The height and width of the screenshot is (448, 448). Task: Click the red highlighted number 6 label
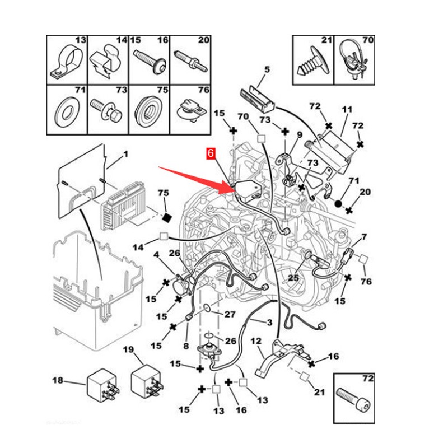211,153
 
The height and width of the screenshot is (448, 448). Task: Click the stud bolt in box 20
189,59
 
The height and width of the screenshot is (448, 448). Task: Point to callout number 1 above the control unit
125,153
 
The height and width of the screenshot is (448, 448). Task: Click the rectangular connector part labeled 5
258,97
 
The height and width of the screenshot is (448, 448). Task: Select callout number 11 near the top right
347,110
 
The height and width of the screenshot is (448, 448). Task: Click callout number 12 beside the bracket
256,341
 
